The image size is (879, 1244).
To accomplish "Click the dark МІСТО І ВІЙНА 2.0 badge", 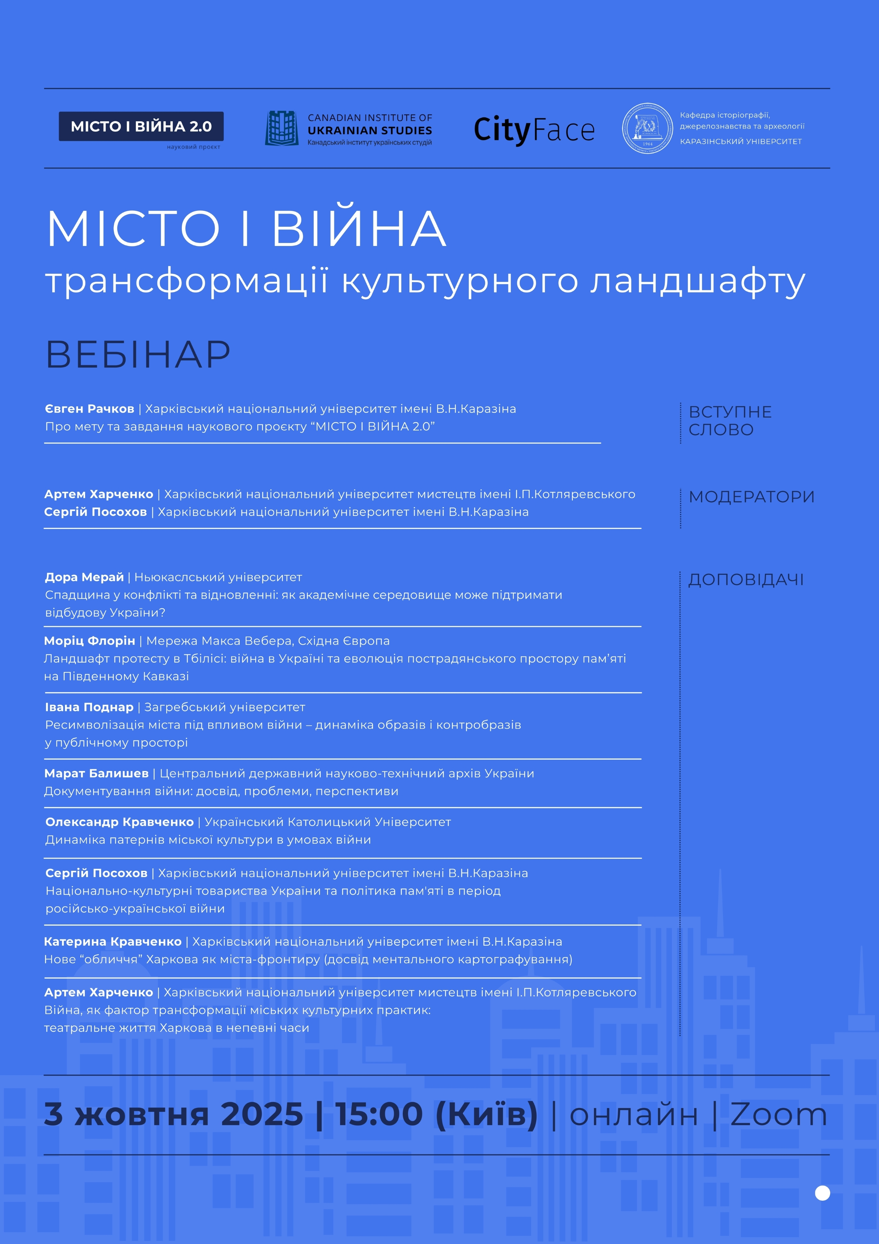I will click(141, 126).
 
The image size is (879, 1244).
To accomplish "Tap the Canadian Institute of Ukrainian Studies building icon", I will click(282, 128).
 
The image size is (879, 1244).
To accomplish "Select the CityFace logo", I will click(534, 130).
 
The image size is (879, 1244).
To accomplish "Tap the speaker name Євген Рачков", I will click(90, 409).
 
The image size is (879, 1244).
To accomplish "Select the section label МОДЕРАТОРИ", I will click(751, 497).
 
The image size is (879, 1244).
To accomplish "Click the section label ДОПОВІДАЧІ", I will click(746, 580).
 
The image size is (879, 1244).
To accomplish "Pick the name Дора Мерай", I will click(85, 577).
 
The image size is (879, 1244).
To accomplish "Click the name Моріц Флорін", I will click(90, 641).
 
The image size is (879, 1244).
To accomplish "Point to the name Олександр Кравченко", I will click(119, 822).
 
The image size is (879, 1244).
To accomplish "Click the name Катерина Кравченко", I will click(113, 942).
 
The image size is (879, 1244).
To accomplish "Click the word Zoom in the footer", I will click(778, 1115).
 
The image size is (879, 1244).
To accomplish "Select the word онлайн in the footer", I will click(634, 1115).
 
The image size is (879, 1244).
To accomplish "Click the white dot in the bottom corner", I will click(822, 1193).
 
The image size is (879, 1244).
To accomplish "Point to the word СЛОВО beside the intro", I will click(721, 430).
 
